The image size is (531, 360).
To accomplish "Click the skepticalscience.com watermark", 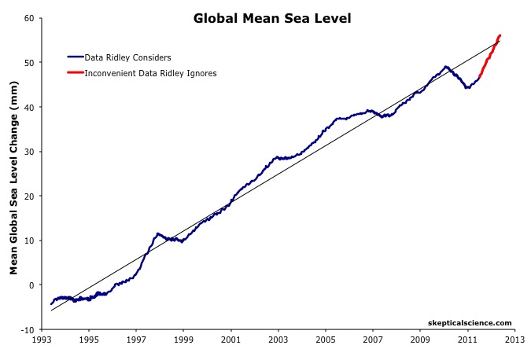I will [x=469, y=322].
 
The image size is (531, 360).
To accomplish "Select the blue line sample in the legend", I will [x=76, y=57].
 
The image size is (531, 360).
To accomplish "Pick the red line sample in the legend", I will [x=76, y=73].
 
